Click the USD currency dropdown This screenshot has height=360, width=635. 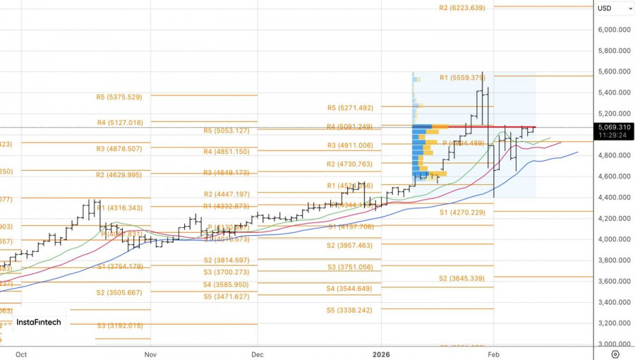click(x=614, y=8)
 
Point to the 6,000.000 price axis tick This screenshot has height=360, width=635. click(x=613, y=30)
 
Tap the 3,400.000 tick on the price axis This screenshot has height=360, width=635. click(x=613, y=302)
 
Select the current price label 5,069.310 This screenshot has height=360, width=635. click(x=613, y=127)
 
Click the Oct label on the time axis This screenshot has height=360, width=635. click(x=21, y=354)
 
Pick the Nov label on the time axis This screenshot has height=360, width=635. click(x=150, y=354)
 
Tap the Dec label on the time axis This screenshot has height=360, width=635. click(x=258, y=354)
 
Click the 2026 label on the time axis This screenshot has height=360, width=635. click(x=382, y=354)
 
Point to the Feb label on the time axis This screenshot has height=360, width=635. click(x=494, y=354)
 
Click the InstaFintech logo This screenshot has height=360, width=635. click(x=39, y=322)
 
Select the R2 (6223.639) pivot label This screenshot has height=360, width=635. click(x=462, y=8)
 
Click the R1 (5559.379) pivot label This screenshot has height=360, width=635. click(x=463, y=77)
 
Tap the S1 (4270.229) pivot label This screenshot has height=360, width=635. click(x=463, y=212)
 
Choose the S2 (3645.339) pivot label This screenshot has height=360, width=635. click(x=462, y=278)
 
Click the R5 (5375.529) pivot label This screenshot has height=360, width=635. click(x=119, y=97)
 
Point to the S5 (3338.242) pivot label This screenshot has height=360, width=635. click(x=349, y=310)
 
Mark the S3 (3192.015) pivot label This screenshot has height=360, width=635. click(x=120, y=325)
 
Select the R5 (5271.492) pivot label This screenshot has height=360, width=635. click(x=350, y=108)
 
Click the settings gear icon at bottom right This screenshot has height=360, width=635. click(x=615, y=354)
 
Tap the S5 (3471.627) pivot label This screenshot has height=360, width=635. click(x=226, y=296)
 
